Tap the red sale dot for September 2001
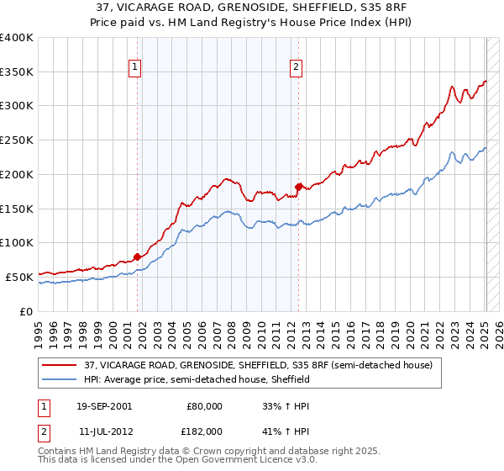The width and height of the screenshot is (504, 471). (x=138, y=257)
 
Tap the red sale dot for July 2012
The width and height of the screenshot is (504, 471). (x=298, y=187)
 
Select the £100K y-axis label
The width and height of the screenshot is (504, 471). (x=17, y=243)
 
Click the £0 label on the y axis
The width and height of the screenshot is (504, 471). (x=27, y=311)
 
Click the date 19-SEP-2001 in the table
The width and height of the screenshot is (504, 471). (x=104, y=406)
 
